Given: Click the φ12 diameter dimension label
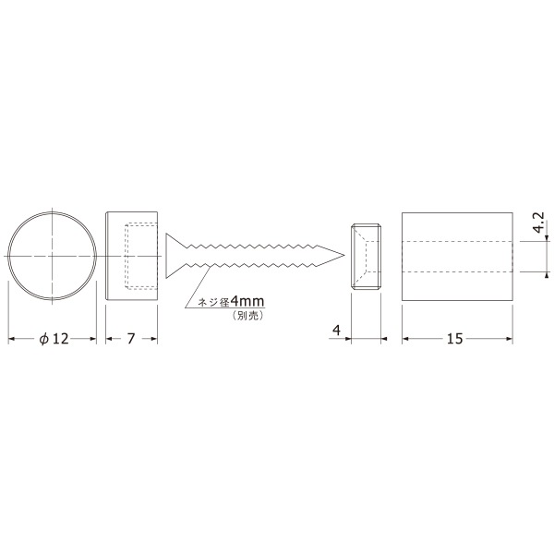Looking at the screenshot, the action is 54,339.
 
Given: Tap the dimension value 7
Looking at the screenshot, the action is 131,339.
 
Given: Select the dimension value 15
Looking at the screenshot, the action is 454,339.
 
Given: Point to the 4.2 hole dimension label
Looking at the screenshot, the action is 538,223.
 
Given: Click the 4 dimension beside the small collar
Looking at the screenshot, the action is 337,331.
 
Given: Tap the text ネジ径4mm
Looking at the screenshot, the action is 231,302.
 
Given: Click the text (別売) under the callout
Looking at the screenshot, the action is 248,316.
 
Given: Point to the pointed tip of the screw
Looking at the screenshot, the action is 344,255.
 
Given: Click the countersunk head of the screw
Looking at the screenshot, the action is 175,256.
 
